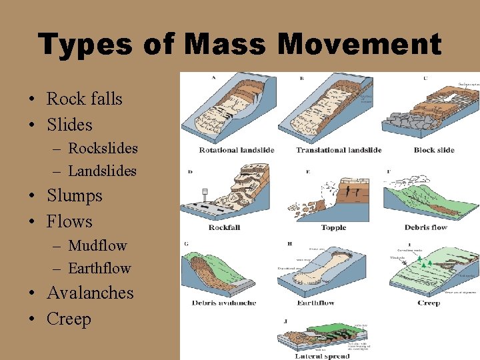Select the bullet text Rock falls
point(84,99)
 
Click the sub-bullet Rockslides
point(103,148)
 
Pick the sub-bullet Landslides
point(102,171)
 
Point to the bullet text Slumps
point(75,195)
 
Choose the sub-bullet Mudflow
point(97,245)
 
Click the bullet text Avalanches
point(90,293)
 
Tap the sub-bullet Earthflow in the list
point(99,268)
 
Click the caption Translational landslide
point(339,150)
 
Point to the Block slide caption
point(433,150)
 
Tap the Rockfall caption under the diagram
point(224,227)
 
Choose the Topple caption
point(333,227)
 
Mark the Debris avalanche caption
point(224,303)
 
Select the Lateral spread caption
point(322,355)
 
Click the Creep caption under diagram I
point(429,303)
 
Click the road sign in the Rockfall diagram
point(205,191)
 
